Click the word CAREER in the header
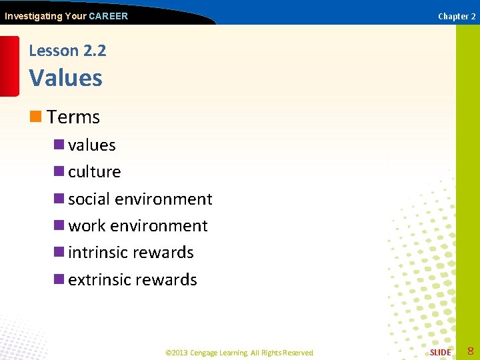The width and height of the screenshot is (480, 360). tap(108, 16)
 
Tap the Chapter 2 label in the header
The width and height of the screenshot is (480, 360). tap(457, 16)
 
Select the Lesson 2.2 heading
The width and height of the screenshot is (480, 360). tap(67, 51)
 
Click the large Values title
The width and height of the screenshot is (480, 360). tap(66, 78)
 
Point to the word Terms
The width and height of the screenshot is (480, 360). tap(73, 117)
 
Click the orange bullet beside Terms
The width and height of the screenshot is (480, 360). tap(36, 117)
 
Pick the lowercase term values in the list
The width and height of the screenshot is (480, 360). tap(92, 145)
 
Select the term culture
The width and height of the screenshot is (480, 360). tap(95, 172)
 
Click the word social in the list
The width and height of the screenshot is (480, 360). tap(89, 199)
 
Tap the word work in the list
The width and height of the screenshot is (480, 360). tap(87, 226)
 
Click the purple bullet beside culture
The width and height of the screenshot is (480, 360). tap(59, 172)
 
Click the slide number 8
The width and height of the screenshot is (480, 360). tap(470, 351)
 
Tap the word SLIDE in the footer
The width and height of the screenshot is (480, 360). tap(440, 352)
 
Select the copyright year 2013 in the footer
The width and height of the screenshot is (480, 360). tap(180, 353)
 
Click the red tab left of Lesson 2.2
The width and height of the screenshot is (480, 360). tap(9, 65)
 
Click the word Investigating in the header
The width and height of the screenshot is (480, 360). tap(33, 16)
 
